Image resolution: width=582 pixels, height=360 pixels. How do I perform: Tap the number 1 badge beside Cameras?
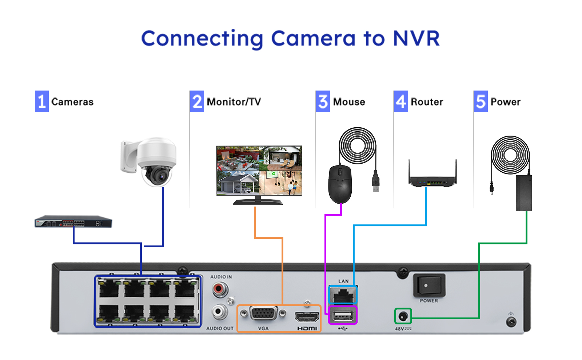pyautogui.click(x=42, y=101)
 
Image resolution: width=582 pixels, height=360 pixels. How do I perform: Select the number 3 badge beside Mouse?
pyautogui.click(x=323, y=101)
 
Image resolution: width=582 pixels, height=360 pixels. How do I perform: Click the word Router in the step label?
pyautogui.click(x=427, y=102)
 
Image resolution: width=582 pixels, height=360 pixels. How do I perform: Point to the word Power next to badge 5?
pyautogui.click(x=505, y=102)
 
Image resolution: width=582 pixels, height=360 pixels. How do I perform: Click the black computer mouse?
pyautogui.click(x=340, y=184)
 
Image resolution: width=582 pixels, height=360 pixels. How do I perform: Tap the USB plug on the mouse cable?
pyautogui.click(x=375, y=181)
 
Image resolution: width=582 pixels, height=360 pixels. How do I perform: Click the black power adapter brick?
pyautogui.click(x=524, y=193)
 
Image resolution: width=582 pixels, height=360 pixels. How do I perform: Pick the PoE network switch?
pyautogui.click(x=73, y=221)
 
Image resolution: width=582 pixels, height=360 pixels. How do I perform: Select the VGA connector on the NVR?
pyautogui.click(x=263, y=314)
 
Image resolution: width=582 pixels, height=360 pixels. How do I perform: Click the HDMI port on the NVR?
pyautogui.click(x=307, y=317)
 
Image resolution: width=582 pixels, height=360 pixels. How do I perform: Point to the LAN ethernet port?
pyautogui.click(x=343, y=295)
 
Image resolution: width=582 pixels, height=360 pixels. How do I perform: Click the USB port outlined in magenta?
pyautogui.click(x=343, y=316)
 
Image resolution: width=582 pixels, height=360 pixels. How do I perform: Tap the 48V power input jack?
pyautogui.click(x=403, y=316)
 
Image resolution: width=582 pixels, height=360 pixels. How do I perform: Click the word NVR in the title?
pyautogui.click(x=416, y=39)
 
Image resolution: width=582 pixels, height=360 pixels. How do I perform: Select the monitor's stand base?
pyautogui.click(x=258, y=202)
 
